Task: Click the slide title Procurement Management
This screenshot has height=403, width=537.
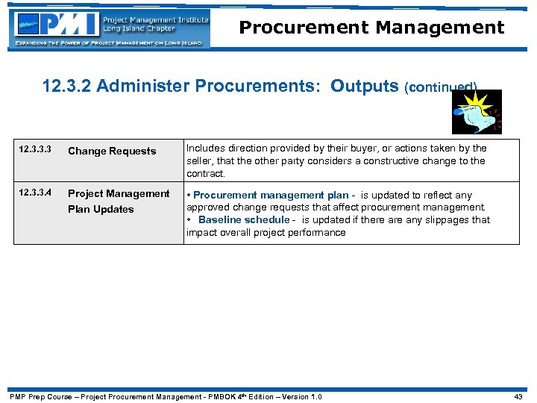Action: coord(371,28)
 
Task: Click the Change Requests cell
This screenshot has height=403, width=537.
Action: coord(112,151)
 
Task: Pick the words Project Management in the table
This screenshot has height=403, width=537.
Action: coord(119,193)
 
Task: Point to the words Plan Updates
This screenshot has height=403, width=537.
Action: coord(101,209)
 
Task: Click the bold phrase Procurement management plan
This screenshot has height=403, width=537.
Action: coord(271,195)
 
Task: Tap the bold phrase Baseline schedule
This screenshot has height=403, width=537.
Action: coord(244,220)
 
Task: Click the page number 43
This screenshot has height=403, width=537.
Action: coord(519,396)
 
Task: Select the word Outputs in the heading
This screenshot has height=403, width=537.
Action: coord(365,86)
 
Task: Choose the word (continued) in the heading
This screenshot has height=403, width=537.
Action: coord(440,87)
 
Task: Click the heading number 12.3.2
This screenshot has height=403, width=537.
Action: coord(67,86)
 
